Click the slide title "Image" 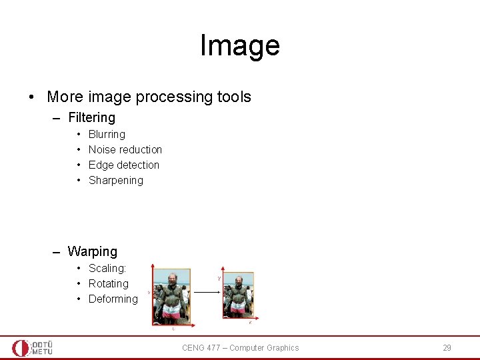[x=239, y=45]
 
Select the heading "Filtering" [x=91, y=118]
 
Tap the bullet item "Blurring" [x=107, y=135]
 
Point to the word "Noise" [x=102, y=150]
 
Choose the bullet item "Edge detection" [x=124, y=165]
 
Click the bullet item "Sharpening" [x=115, y=181]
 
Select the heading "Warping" [x=92, y=252]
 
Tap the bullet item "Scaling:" [x=107, y=269]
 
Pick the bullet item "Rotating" [x=109, y=284]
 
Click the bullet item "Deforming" [x=113, y=299]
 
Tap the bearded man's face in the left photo [x=171, y=279]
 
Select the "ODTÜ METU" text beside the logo [x=42, y=347]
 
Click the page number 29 [x=447, y=348]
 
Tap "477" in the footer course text [x=214, y=348]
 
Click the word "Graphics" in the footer [x=283, y=348]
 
